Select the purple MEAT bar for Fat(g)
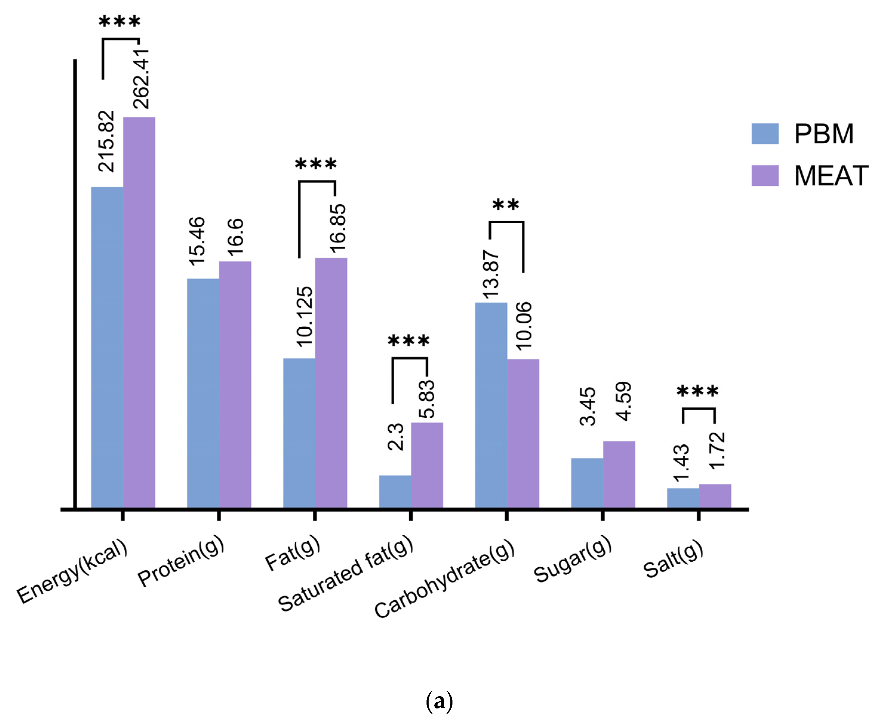[x=331, y=382]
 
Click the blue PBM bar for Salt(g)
[x=683, y=498]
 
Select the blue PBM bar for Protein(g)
[x=203, y=393]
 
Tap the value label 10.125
[x=304, y=316]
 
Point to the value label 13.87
[x=490, y=274]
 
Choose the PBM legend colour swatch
[x=764, y=134]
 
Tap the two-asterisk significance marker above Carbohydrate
[x=505, y=205]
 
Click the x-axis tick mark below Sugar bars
[x=602, y=515]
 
